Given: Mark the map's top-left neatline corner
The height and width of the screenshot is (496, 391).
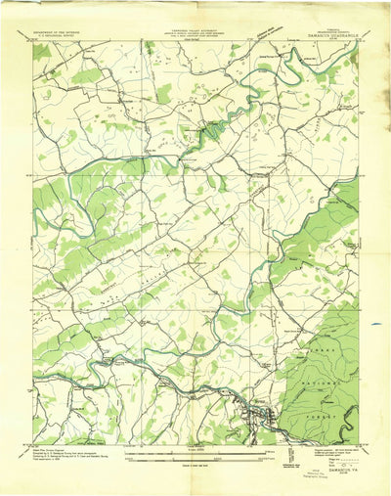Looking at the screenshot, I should (33, 41).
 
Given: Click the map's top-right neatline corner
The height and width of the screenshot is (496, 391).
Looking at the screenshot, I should (358, 41).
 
